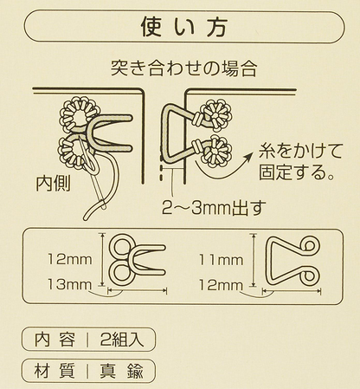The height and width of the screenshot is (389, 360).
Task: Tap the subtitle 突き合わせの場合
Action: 179,67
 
